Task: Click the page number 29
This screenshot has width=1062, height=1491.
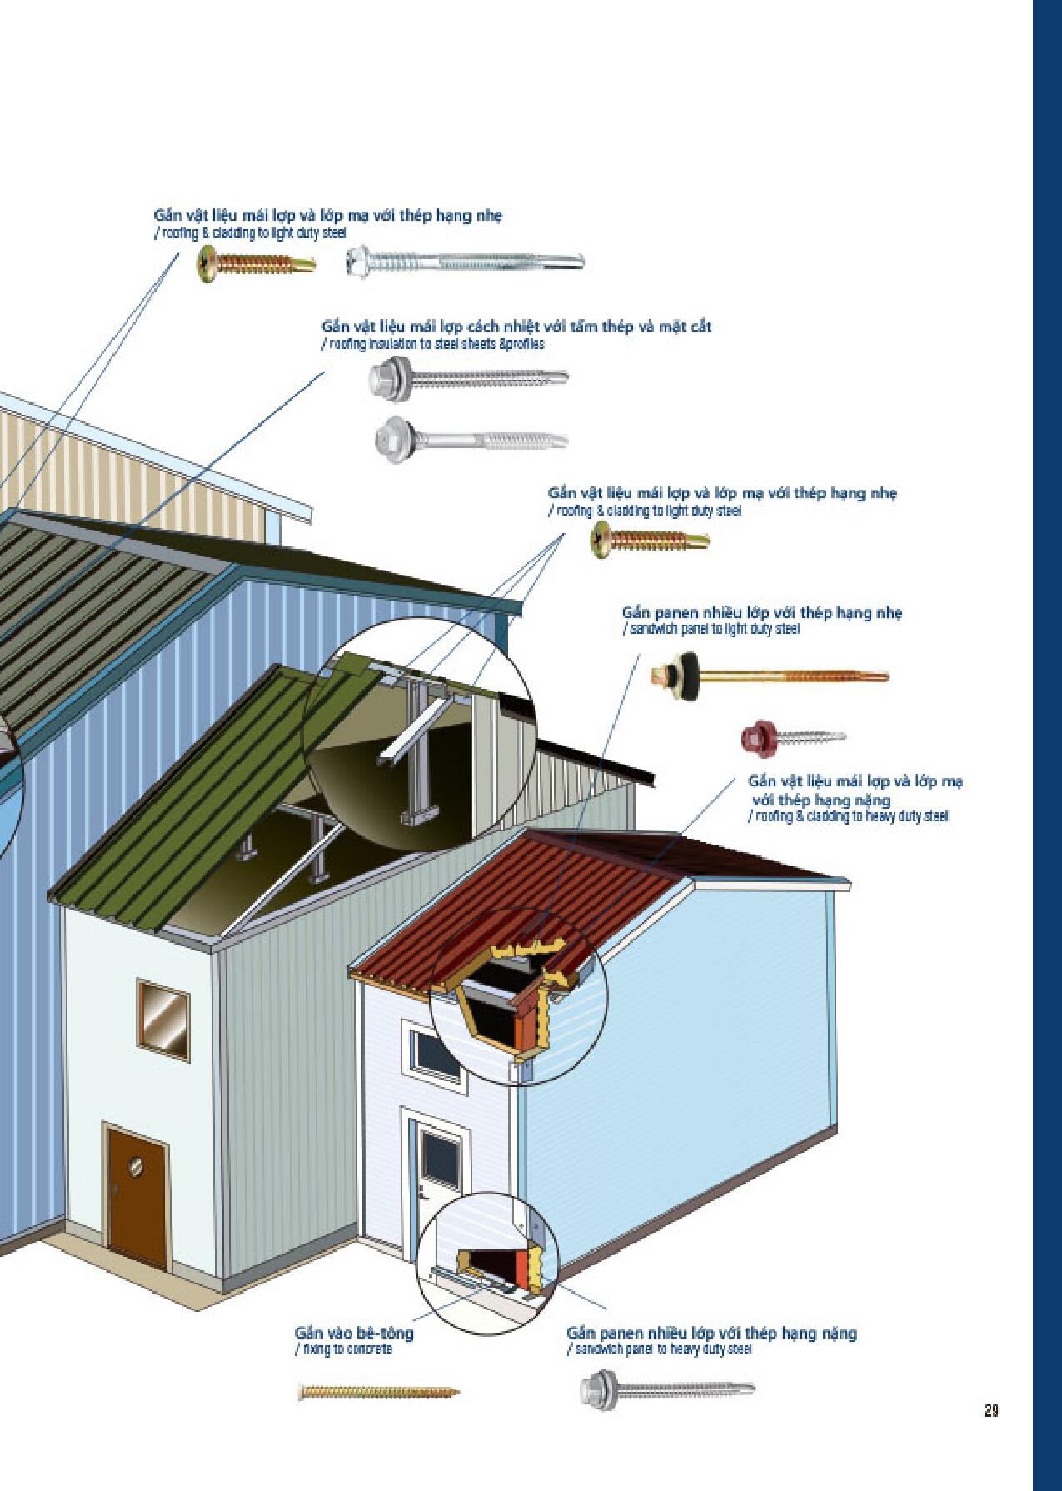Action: [x=990, y=1411]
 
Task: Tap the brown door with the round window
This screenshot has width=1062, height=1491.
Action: [x=138, y=1196]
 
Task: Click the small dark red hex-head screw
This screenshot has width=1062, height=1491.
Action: [x=793, y=736]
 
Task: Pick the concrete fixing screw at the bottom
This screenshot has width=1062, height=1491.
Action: [x=378, y=1391]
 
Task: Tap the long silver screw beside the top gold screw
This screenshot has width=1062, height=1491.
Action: [x=465, y=262]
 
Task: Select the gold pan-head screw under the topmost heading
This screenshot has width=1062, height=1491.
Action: [x=257, y=263]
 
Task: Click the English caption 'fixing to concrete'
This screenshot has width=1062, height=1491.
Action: [x=344, y=1349]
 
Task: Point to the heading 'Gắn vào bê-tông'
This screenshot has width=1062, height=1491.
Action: [x=354, y=1333]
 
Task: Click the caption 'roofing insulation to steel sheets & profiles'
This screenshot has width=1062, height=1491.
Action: [x=433, y=343]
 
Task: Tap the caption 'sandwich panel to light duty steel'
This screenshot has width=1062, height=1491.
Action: [x=710, y=629]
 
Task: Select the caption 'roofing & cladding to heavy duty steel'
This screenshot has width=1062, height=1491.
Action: [x=848, y=816]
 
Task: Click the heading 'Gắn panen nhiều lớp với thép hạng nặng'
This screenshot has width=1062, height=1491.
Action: [x=712, y=1333]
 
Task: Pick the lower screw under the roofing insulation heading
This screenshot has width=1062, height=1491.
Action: [x=471, y=436]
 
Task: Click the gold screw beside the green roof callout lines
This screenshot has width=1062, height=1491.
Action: [x=650, y=540]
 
